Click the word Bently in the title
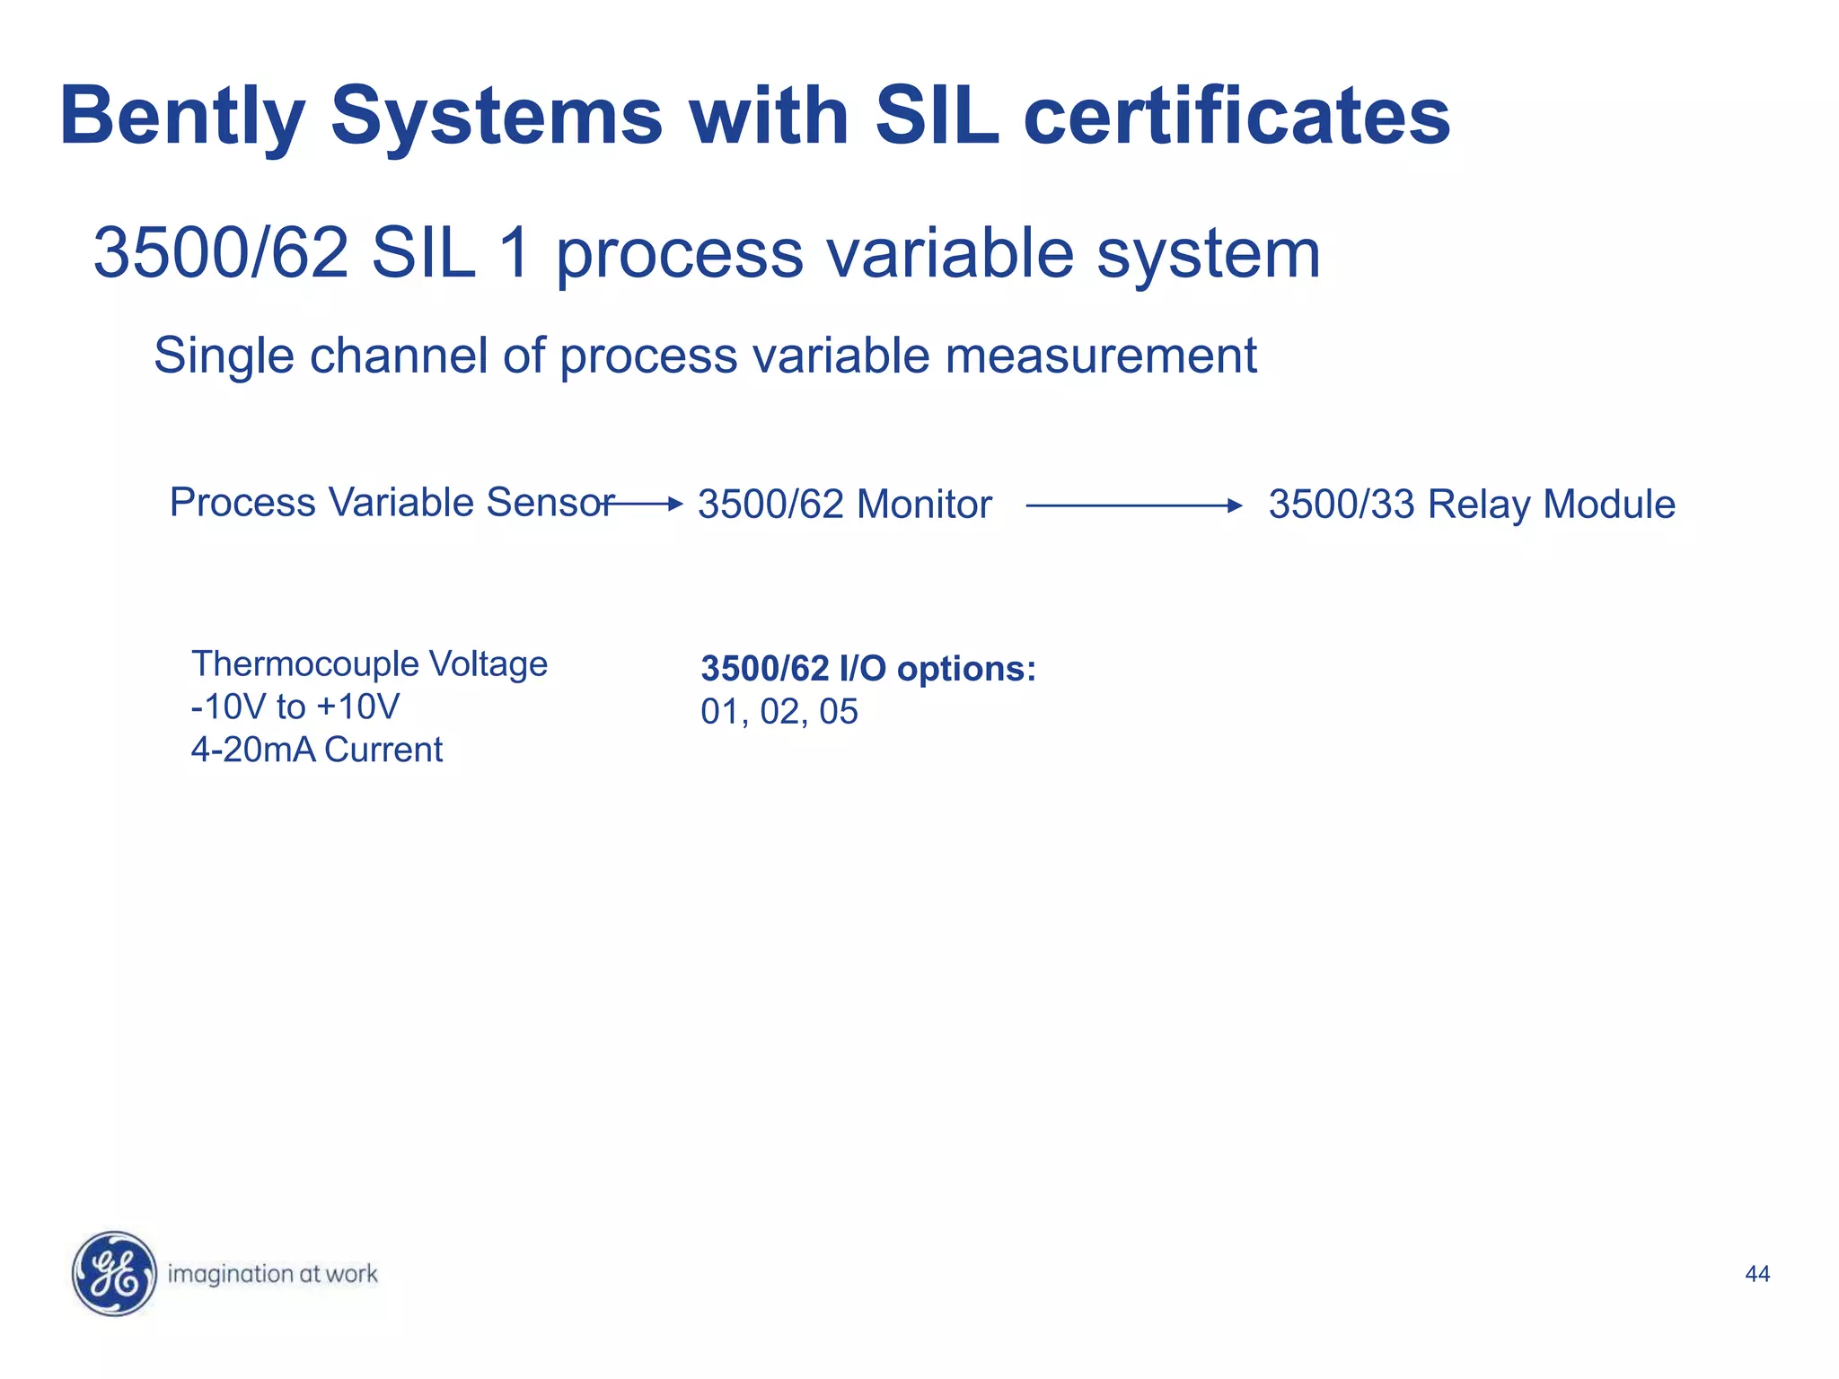click(x=182, y=117)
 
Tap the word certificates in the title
click(x=1236, y=117)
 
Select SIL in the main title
click(x=937, y=117)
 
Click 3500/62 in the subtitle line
click(x=221, y=253)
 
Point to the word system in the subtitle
click(x=1209, y=253)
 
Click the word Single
click(x=224, y=356)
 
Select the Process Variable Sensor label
click(x=392, y=503)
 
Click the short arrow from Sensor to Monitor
click(x=645, y=505)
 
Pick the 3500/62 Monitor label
click(x=844, y=505)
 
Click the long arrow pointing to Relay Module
click(x=1133, y=506)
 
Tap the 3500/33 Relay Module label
click(x=1471, y=505)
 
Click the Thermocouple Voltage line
click(x=369, y=664)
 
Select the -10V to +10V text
click(x=295, y=707)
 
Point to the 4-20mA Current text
click(x=316, y=750)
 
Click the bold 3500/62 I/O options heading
click(x=867, y=669)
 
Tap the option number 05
click(x=839, y=712)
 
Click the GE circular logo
click(x=114, y=1273)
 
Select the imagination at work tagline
click(x=272, y=1274)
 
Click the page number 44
click(x=1756, y=1274)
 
